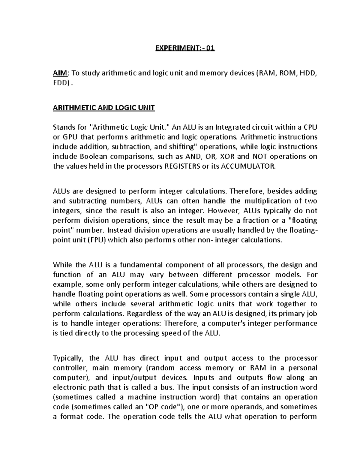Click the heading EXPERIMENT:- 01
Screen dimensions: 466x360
coord(185,48)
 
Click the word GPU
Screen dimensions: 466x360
coord(70,137)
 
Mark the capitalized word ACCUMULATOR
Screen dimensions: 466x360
coord(247,167)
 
